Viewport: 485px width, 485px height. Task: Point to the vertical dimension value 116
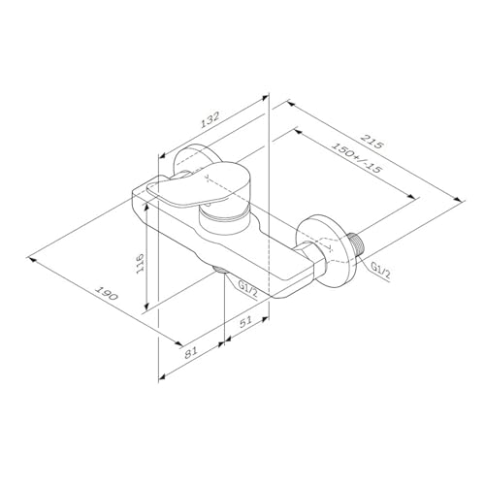[x=141, y=263]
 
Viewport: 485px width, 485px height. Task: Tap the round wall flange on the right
[x=327, y=249]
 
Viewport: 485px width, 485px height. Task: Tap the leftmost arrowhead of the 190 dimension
[x=33, y=258]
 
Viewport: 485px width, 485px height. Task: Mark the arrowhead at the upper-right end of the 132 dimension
[x=264, y=97]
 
